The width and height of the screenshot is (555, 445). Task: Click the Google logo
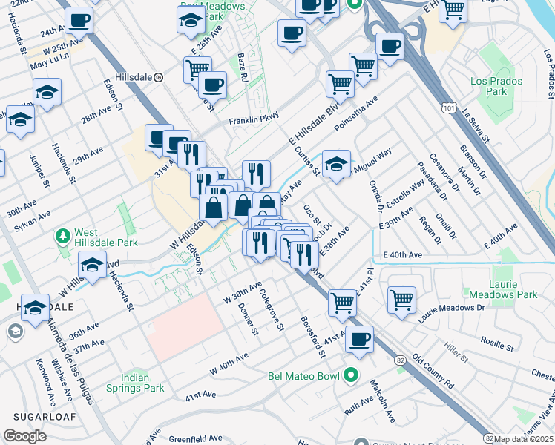click(x=24, y=436)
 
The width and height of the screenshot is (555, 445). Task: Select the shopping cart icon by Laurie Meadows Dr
click(x=401, y=300)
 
